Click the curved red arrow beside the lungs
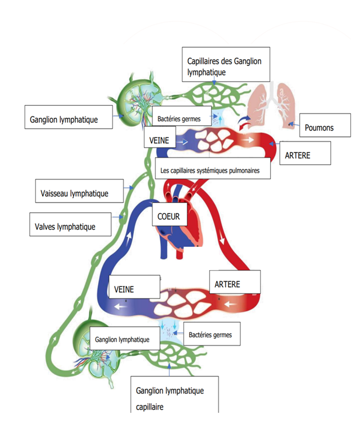pos(244,126)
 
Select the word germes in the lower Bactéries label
pos(222,335)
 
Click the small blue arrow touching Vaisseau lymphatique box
pos(129,188)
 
